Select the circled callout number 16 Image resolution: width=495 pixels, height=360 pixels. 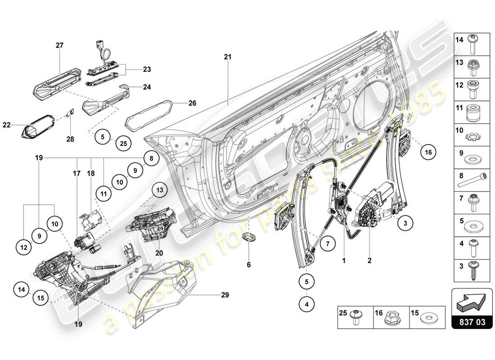pyautogui.click(x=428, y=153)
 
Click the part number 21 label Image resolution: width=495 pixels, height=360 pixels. pyautogui.click(x=228, y=57)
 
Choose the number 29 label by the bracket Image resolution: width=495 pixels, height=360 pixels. pyautogui.click(x=225, y=295)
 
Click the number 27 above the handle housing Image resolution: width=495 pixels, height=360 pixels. pyautogui.click(x=59, y=45)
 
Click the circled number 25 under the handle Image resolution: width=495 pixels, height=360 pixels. pyautogui.click(x=123, y=144)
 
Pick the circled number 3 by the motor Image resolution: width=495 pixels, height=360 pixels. pyautogui.click(x=405, y=222)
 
